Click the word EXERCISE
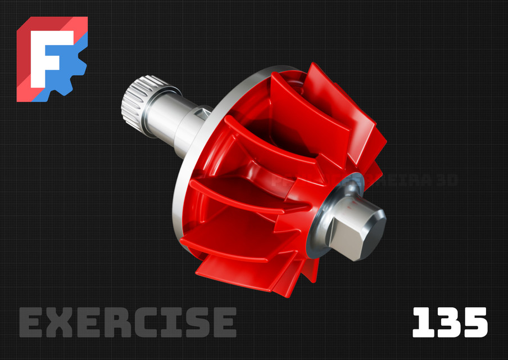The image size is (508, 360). pyautogui.click(x=128, y=323)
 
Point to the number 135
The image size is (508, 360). pyautogui.click(x=450, y=323)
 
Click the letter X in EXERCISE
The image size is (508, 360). pyautogui.click(x=60, y=323)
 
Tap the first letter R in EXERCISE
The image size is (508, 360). pyautogui.click(x=115, y=323)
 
